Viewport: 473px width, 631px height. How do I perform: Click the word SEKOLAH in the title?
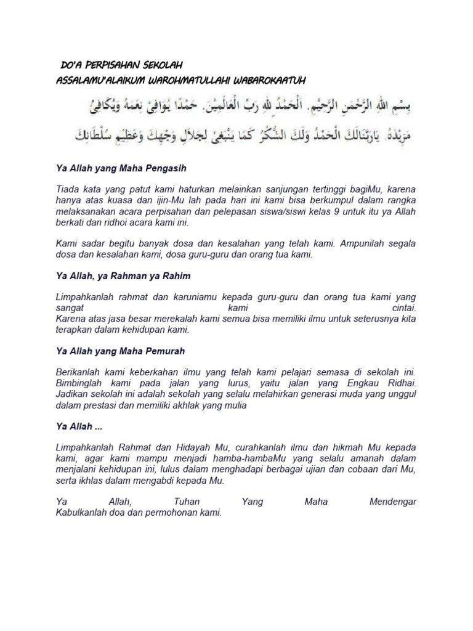[x=161, y=65]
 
